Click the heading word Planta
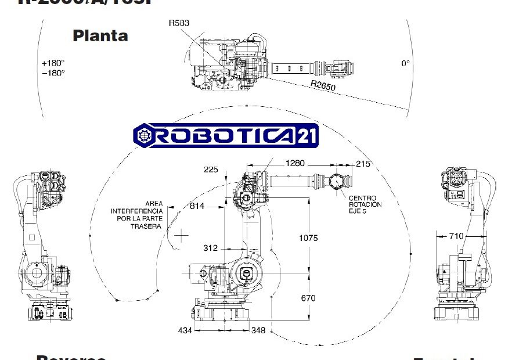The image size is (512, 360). click(100, 35)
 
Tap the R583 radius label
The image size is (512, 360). click(179, 23)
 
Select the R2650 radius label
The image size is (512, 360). click(323, 85)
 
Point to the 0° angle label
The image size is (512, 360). click(405, 63)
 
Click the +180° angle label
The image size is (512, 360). click(53, 63)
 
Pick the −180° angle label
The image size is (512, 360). click(53, 73)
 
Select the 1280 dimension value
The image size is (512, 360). click(295, 164)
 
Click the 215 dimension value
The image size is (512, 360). click(363, 164)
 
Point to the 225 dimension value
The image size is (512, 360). click(211, 170)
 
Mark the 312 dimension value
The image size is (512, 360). click(210, 248)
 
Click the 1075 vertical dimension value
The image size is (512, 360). click(308, 238)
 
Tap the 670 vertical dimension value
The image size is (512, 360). click(308, 298)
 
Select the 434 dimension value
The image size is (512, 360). click(185, 330)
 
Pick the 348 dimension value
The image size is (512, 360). click(258, 330)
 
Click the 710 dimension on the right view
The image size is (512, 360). click(456, 236)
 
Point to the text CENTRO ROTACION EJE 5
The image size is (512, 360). click(365, 205)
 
